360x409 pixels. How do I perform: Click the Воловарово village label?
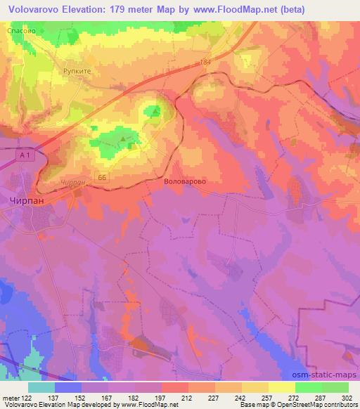pos(184,180)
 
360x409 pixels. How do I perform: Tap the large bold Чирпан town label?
pos(29,200)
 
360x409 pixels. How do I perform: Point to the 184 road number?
pos(205,63)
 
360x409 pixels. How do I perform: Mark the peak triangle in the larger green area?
pos(124,140)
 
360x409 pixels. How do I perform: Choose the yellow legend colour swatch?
pos(283,387)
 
